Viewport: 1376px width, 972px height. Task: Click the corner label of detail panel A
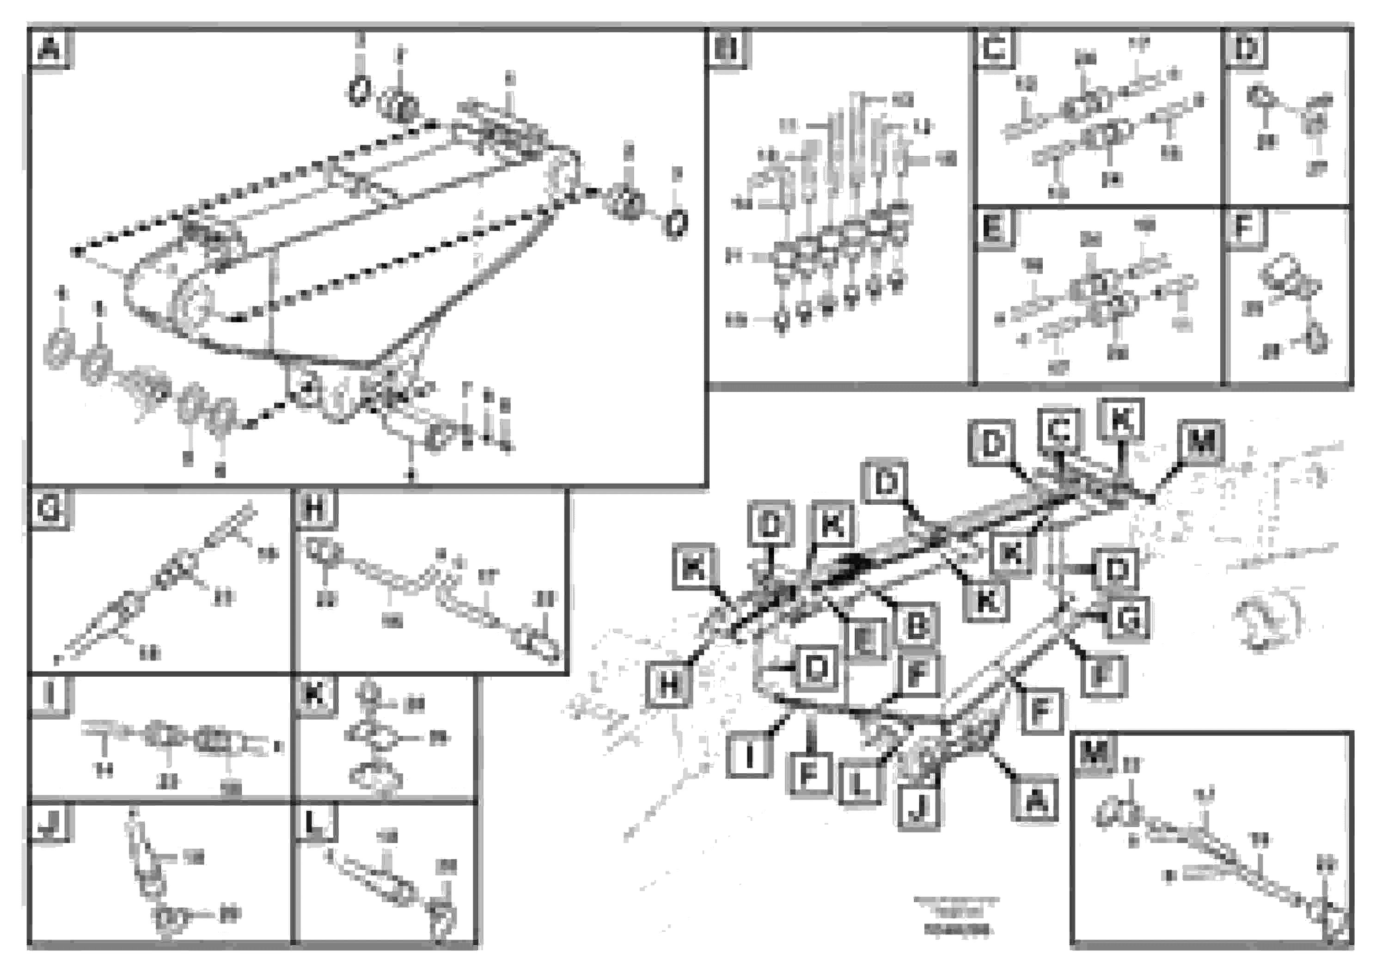49,48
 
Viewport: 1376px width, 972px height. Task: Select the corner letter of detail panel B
727,48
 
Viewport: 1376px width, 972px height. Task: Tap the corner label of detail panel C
995,48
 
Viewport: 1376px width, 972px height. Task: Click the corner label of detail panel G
49,510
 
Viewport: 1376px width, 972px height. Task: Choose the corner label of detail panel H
315,510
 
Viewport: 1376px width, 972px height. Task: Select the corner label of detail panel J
49,823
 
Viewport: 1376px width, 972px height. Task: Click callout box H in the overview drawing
668,685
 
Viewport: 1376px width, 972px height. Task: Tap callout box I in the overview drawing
749,756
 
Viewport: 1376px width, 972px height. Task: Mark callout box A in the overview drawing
1035,800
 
